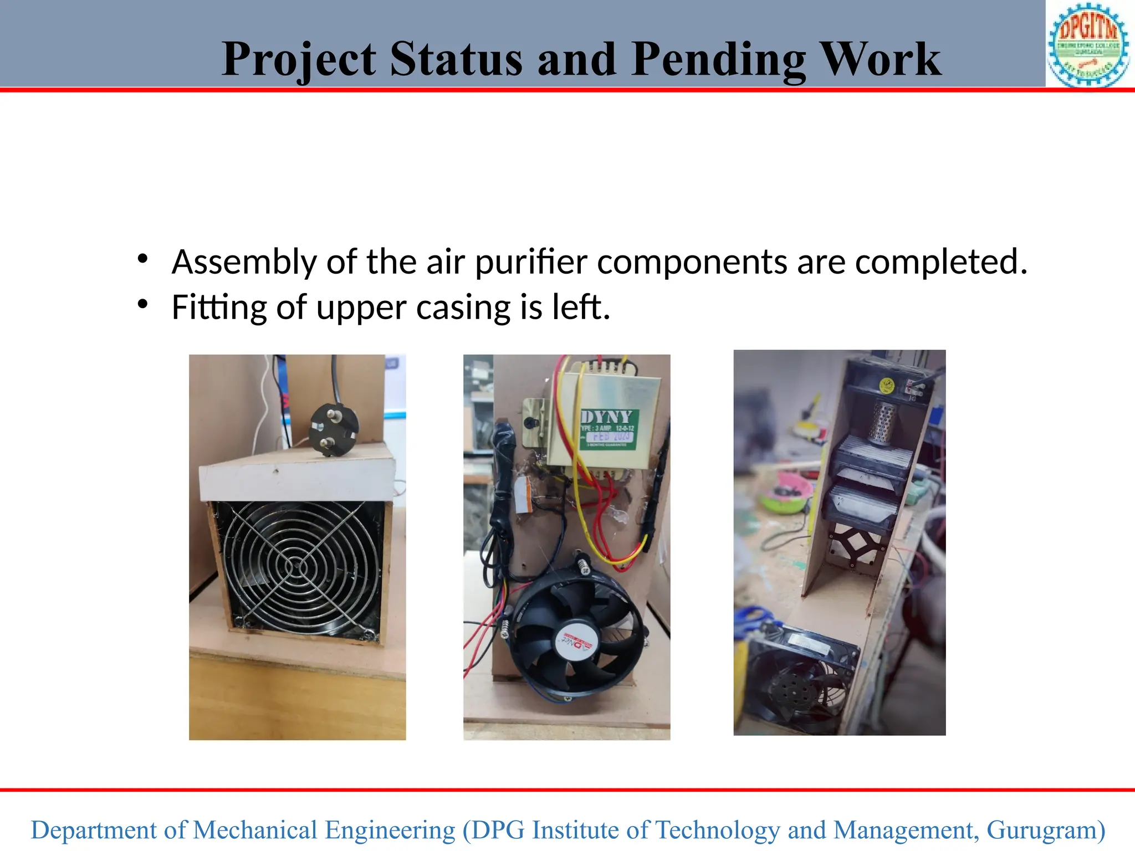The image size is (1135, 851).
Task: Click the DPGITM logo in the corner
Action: tap(1088, 44)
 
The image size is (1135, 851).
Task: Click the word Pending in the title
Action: tap(719, 60)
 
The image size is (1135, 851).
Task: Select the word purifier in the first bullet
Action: tap(530, 263)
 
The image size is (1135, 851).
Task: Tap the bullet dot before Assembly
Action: tap(143, 258)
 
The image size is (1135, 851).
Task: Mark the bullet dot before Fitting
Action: tap(143, 304)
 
